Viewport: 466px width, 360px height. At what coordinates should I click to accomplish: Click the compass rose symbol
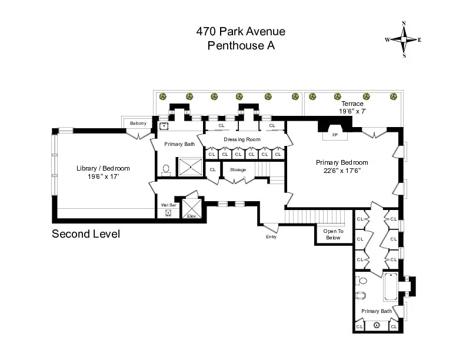(404, 39)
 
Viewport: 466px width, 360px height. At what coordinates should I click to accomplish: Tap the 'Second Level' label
(86, 234)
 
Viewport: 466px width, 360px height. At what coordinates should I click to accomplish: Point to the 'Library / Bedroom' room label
(103, 168)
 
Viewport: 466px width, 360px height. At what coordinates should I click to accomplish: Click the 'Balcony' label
(138, 123)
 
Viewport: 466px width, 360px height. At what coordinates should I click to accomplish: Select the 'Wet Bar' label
(169, 205)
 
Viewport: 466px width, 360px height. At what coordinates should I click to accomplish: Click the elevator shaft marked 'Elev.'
(191, 207)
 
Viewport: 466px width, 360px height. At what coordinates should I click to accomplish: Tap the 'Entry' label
(271, 236)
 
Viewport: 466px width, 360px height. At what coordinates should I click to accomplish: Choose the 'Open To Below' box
(332, 234)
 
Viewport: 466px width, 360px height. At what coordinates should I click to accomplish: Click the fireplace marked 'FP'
(335, 135)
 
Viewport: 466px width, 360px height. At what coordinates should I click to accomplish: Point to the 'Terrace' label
(352, 104)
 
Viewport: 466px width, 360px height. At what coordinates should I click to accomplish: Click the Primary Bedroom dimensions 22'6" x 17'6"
(342, 171)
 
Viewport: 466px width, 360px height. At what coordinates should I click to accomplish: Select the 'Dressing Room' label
(241, 139)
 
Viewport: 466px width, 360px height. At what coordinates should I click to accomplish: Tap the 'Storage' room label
(238, 169)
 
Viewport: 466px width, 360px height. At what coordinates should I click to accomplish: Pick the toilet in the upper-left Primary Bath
(166, 169)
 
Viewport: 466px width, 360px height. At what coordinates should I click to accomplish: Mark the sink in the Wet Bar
(168, 212)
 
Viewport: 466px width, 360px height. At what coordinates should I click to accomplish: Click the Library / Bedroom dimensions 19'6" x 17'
(103, 176)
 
